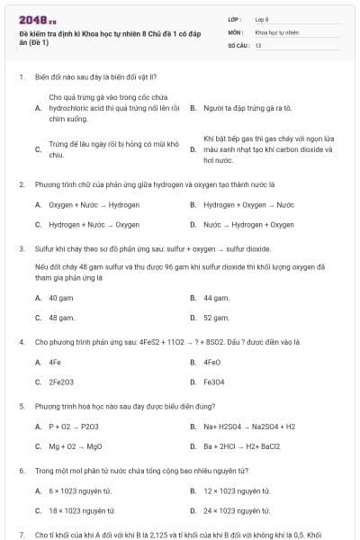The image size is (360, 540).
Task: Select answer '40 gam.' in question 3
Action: click(x=61, y=296)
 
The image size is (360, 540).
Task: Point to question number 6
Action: click(x=21, y=470)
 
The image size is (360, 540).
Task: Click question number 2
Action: click(x=21, y=184)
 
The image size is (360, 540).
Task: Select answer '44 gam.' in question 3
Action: click(x=216, y=296)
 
